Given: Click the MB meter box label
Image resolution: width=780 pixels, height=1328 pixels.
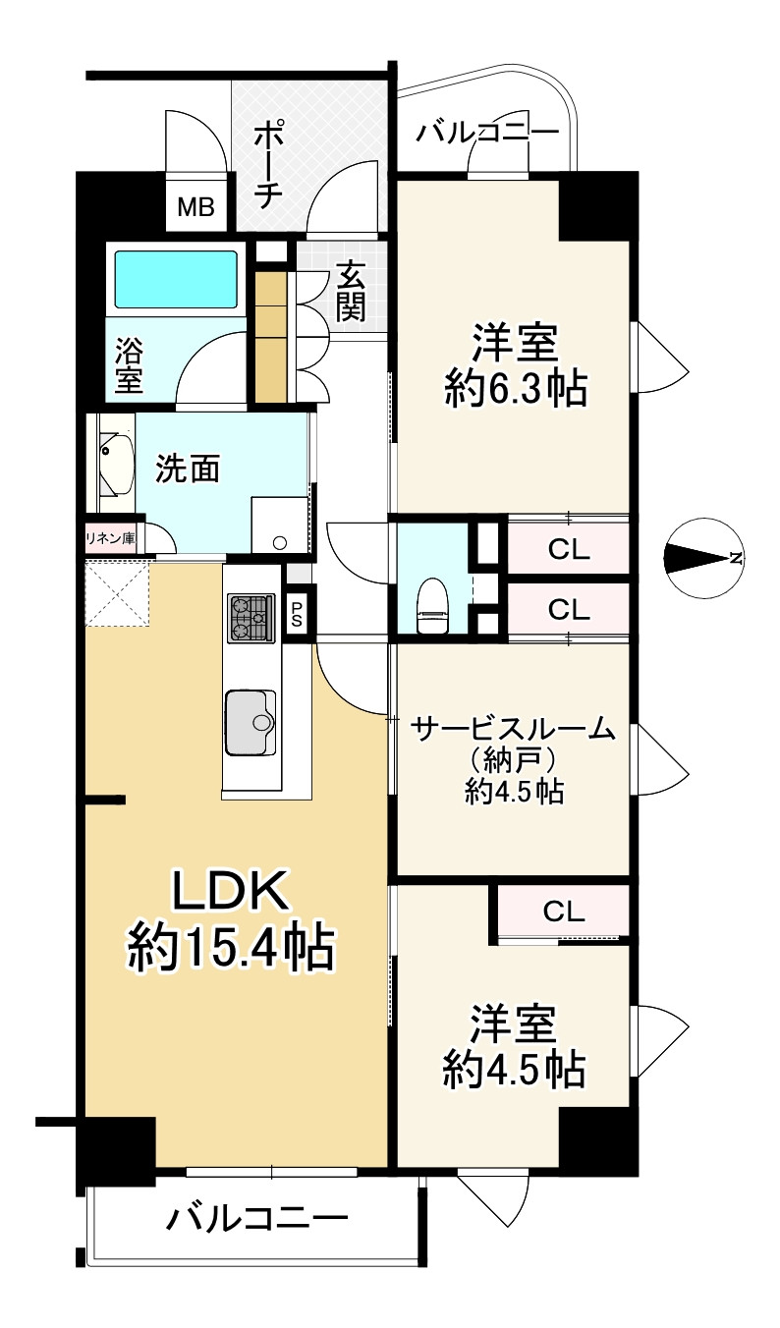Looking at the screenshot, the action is point(196,207).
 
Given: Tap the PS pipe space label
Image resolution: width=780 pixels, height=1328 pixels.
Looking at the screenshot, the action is point(297,614).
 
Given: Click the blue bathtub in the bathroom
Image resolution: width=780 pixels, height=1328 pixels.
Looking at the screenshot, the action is point(176,280).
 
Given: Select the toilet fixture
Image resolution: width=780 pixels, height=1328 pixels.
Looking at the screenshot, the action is point(431,605).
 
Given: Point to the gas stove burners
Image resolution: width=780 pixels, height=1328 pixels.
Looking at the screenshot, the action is point(251,618).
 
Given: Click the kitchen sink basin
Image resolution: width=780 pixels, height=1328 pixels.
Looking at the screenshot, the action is point(251,723).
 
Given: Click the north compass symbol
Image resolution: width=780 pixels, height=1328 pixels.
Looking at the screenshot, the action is point(703,557).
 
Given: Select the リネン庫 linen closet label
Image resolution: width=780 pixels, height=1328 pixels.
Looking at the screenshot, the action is point(110,538).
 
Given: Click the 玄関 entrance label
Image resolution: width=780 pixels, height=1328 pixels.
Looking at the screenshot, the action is point(351,293).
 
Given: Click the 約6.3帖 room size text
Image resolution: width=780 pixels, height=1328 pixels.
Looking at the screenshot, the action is point(517,389).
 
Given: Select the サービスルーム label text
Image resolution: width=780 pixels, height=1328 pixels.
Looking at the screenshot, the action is point(513,729).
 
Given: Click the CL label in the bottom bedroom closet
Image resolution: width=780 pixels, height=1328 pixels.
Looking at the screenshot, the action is point(564,912).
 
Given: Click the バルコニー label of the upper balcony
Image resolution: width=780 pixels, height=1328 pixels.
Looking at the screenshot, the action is point(487,133).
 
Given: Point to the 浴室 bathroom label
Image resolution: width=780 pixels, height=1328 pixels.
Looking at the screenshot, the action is point(129,364).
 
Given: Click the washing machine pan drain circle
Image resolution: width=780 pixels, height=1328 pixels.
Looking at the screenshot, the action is point(280,541).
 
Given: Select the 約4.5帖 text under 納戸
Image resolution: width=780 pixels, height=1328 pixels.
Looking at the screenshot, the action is point(514,791).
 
